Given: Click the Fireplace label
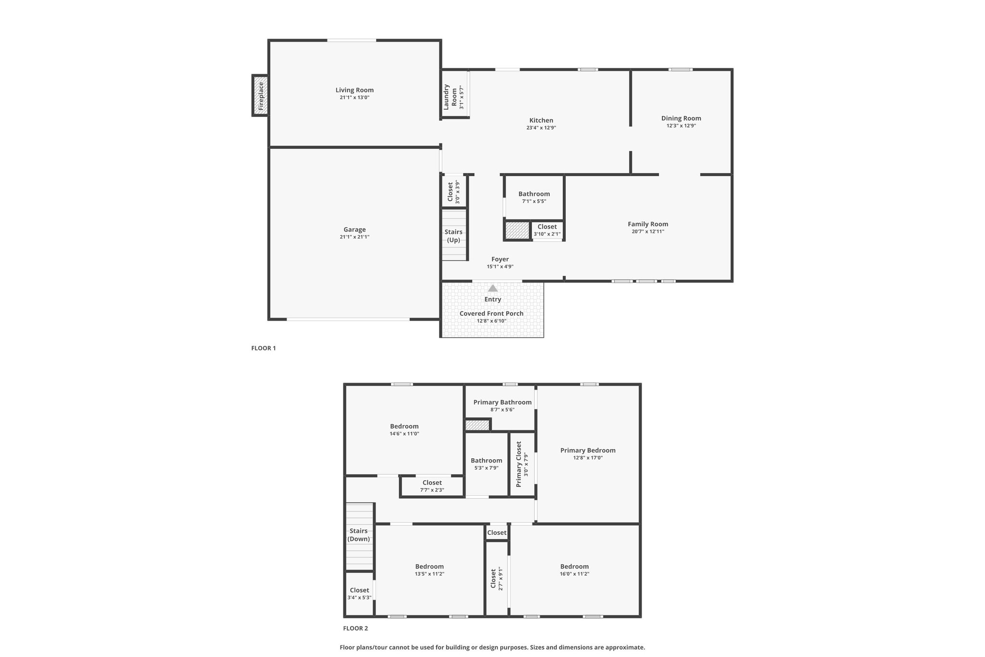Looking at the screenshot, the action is pyautogui.click(x=261, y=96).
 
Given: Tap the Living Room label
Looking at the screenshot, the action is pyautogui.click(x=354, y=90).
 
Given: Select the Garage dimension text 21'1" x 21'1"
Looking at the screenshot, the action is pyautogui.click(x=354, y=237).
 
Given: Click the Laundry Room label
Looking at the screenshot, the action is pyautogui.click(x=450, y=97).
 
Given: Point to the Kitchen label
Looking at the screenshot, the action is pyautogui.click(x=541, y=120).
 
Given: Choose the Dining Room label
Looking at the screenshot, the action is pyautogui.click(x=681, y=118).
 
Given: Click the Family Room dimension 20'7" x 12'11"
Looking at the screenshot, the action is pyautogui.click(x=648, y=232).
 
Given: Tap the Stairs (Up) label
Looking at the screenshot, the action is pyautogui.click(x=454, y=236).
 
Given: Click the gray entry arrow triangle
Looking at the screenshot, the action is pyautogui.click(x=493, y=288).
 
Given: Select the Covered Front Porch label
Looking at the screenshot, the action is pyautogui.click(x=492, y=313).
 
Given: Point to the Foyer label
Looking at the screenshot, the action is pyautogui.click(x=500, y=259).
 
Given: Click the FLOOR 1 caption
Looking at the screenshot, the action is pyautogui.click(x=264, y=348).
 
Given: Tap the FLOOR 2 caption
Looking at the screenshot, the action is pyautogui.click(x=355, y=628).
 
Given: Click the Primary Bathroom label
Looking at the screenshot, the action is pyautogui.click(x=503, y=402).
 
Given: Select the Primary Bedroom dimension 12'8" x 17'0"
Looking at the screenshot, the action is pyautogui.click(x=588, y=458).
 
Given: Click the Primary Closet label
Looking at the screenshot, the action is pyautogui.click(x=518, y=464).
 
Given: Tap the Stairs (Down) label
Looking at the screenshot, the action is pyautogui.click(x=359, y=535).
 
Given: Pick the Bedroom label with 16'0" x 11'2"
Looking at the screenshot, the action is pyautogui.click(x=574, y=567).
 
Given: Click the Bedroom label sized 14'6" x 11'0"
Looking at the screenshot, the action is pyautogui.click(x=404, y=426).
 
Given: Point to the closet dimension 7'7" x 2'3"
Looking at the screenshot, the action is pyautogui.click(x=432, y=490).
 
